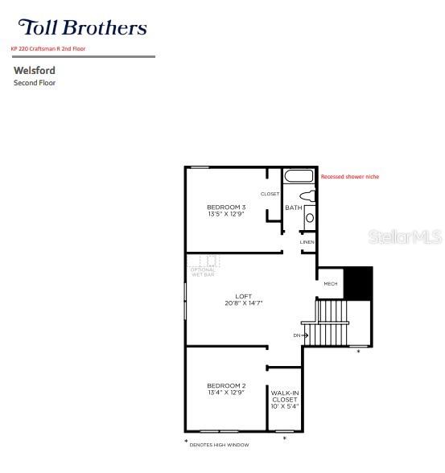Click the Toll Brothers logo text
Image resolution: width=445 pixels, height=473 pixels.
click(x=82, y=27)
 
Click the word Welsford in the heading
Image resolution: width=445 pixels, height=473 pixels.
click(x=35, y=71)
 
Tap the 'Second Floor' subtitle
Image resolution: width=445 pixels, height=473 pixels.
click(x=35, y=83)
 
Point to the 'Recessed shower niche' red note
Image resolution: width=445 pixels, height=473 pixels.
click(x=349, y=176)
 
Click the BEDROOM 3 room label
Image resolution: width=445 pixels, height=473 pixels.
click(x=226, y=208)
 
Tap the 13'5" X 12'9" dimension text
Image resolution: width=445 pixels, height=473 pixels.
click(x=226, y=215)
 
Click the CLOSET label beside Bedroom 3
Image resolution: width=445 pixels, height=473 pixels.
click(x=270, y=194)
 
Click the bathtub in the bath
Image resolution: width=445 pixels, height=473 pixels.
click(x=299, y=176)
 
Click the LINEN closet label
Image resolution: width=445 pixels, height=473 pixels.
click(x=307, y=242)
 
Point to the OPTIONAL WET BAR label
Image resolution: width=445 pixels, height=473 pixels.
click(x=202, y=272)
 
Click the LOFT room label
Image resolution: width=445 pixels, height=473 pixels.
click(x=244, y=295)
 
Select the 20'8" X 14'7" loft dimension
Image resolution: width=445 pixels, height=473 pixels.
click(x=244, y=302)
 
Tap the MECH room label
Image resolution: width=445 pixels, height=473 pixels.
click(x=330, y=283)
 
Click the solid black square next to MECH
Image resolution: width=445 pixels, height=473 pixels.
click(x=358, y=282)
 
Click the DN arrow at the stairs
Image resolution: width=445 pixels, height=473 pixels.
click(x=300, y=335)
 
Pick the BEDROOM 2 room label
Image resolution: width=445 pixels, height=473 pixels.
click(x=226, y=386)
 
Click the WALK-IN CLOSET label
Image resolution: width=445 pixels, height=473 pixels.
click(x=284, y=396)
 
